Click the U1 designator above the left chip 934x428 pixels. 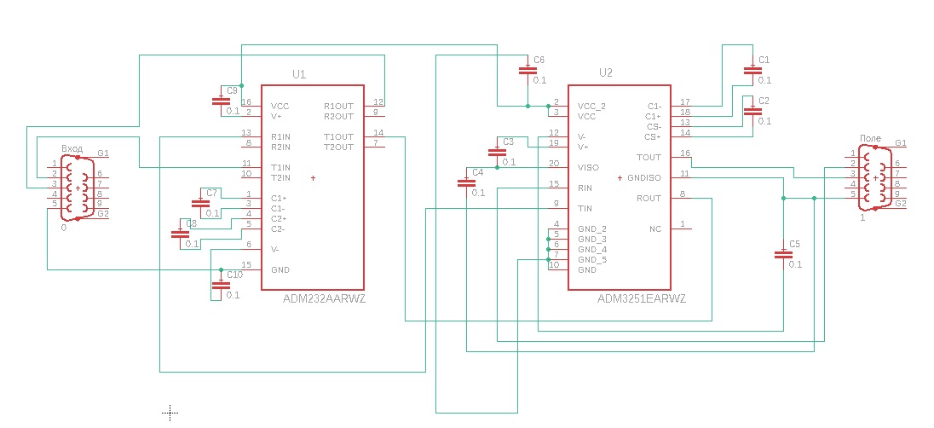(299, 74)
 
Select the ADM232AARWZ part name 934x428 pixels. (324, 298)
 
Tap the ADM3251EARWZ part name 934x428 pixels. (642, 299)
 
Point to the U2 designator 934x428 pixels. (606, 72)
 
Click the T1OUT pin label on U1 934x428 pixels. (338, 136)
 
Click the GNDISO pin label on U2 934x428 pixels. (644, 178)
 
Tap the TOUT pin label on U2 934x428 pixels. (649, 157)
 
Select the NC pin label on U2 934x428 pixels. (654, 229)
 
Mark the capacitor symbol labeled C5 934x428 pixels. (782, 254)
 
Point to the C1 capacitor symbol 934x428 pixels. (752, 71)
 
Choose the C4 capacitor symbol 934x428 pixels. (466, 182)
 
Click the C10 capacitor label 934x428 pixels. (234, 275)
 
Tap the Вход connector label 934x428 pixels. (72, 147)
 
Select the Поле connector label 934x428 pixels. (870, 138)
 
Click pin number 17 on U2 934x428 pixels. (685, 102)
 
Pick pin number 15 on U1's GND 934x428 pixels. (246, 265)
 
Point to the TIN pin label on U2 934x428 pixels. (585, 208)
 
